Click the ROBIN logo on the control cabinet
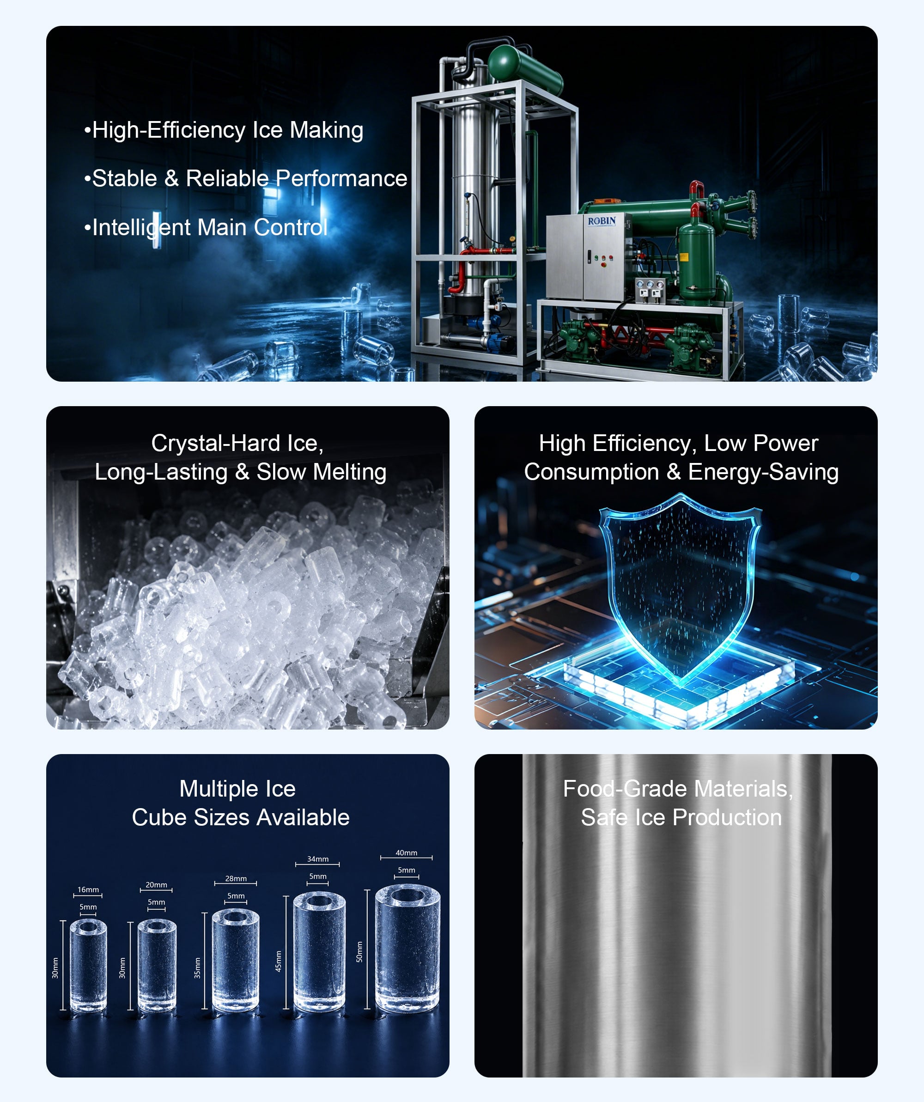(602, 221)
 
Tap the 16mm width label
(88, 889)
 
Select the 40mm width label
(407, 853)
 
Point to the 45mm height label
(278, 961)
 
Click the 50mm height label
(359, 951)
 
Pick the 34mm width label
(318, 859)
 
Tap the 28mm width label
(236, 878)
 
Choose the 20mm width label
(156, 885)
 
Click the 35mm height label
(197, 968)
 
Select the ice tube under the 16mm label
(88, 964)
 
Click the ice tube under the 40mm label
(407, 949)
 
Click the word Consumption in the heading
(591, 472)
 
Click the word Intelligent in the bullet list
(141, 228)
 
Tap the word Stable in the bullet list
(124, 178)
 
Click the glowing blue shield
(681, 590)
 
